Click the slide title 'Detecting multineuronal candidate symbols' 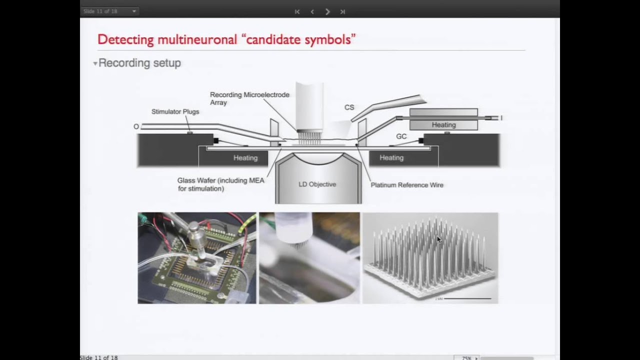point(226,39)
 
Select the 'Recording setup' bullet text point(139,63)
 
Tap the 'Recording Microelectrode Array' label point(249,98)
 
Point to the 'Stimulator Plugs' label point(175,111)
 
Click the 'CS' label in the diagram point(349,107)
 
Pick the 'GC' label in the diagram point(401,136)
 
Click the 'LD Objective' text point(317,184)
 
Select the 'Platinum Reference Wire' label point(406,185)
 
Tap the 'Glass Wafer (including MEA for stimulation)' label point(220,184)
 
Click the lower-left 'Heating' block point(245,158)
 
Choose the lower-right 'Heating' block point(391,158)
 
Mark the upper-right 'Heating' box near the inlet point(443,125)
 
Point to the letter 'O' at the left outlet point(136,127)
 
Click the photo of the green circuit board point(196,258)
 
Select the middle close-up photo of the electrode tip point(309,258)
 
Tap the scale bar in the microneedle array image point(467,298)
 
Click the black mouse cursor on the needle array point(439,240)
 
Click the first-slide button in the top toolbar point(297,11)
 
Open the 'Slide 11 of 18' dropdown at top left point(109,11)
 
